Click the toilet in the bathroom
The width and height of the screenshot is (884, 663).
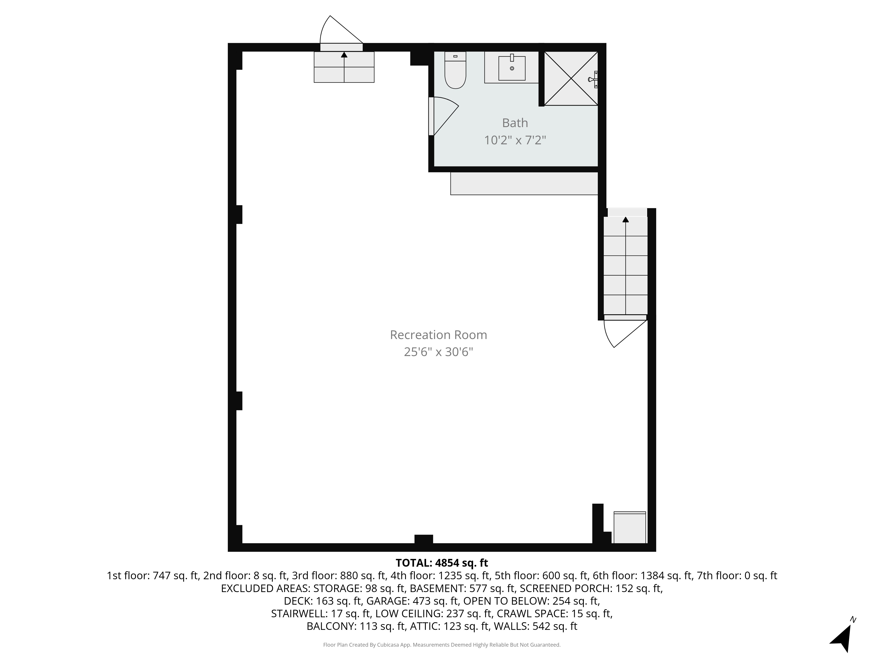pyautogui.click(x=455, y=72)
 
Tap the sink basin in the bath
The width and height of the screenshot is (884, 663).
pyautogui.click(x=512, y=68)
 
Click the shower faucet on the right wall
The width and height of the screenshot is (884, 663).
pyautogui.click(x=593, y=79)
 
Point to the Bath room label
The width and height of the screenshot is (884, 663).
pyautogui.click(x=515, y=123)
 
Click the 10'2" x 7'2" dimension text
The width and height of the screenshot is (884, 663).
pyautogui.click(x=515, y=140)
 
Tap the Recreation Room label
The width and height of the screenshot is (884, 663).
pyautogui.click(x=438, y=335)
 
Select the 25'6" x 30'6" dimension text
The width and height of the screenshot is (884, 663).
pyautogui.click(x=438, y=352)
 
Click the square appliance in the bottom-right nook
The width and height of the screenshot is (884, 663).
pyautogui.click(x=629, y=528)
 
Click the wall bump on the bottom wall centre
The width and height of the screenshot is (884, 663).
pyautogui.click(x=424, y=539)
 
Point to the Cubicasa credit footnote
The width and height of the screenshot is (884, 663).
pyautogui.click(x=442, y=645)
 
